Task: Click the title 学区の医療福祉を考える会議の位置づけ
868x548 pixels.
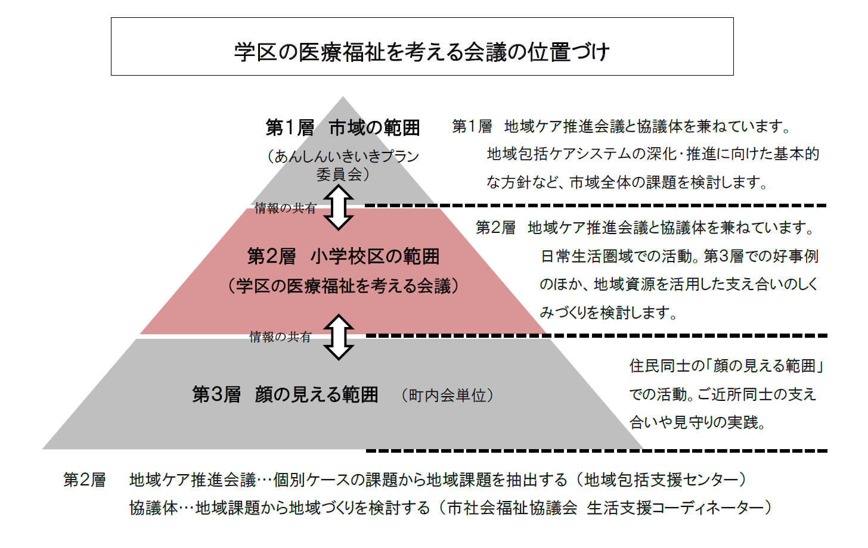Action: click(422, 51)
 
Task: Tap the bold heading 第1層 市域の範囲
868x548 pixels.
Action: click(343, 128)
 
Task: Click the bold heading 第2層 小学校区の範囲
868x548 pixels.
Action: click(343, 256)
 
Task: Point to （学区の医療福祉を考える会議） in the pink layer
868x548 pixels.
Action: click(343, 286)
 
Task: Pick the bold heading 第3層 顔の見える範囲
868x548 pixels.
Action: click(285, 395)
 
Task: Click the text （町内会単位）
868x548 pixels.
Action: click(448, 396)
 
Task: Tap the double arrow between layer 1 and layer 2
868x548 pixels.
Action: click(338, 207)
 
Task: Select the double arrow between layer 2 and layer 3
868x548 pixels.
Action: click(338, 337)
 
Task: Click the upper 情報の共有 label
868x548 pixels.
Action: click(286, 208)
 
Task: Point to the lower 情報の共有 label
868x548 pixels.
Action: click(280, 337)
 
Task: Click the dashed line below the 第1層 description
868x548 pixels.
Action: click(596, 205)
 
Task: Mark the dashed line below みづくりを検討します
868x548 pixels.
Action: click(596, 335)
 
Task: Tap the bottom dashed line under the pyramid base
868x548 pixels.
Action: click(596, 451)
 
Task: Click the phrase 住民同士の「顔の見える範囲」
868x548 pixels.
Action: click(726, 366)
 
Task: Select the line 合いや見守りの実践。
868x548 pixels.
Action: click(697, 422)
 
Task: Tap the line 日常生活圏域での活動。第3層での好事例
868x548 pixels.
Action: click(679, 256)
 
